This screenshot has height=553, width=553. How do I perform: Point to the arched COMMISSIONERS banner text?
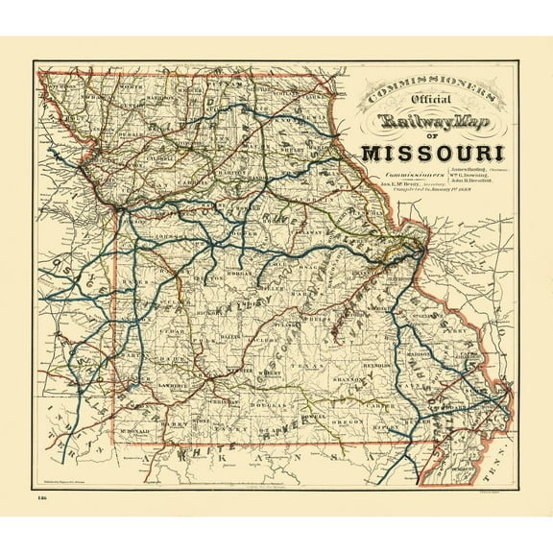click(x=427, y=92)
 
